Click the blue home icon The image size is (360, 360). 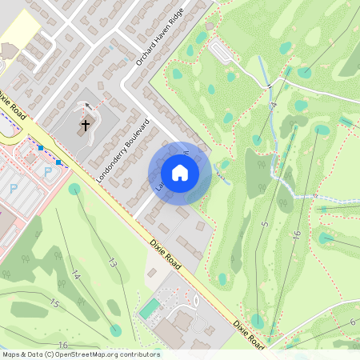180,173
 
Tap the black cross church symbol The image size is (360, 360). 86,125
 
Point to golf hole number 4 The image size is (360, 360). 273,105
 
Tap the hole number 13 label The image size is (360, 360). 113,262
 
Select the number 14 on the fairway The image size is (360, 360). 76,275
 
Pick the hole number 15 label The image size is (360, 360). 54,303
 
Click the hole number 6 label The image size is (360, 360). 352,322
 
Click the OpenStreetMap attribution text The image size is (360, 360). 81,354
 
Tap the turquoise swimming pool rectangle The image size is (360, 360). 149,309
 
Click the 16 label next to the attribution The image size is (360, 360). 62,345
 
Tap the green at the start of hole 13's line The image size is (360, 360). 74,190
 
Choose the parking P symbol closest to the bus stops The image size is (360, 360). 47,171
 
